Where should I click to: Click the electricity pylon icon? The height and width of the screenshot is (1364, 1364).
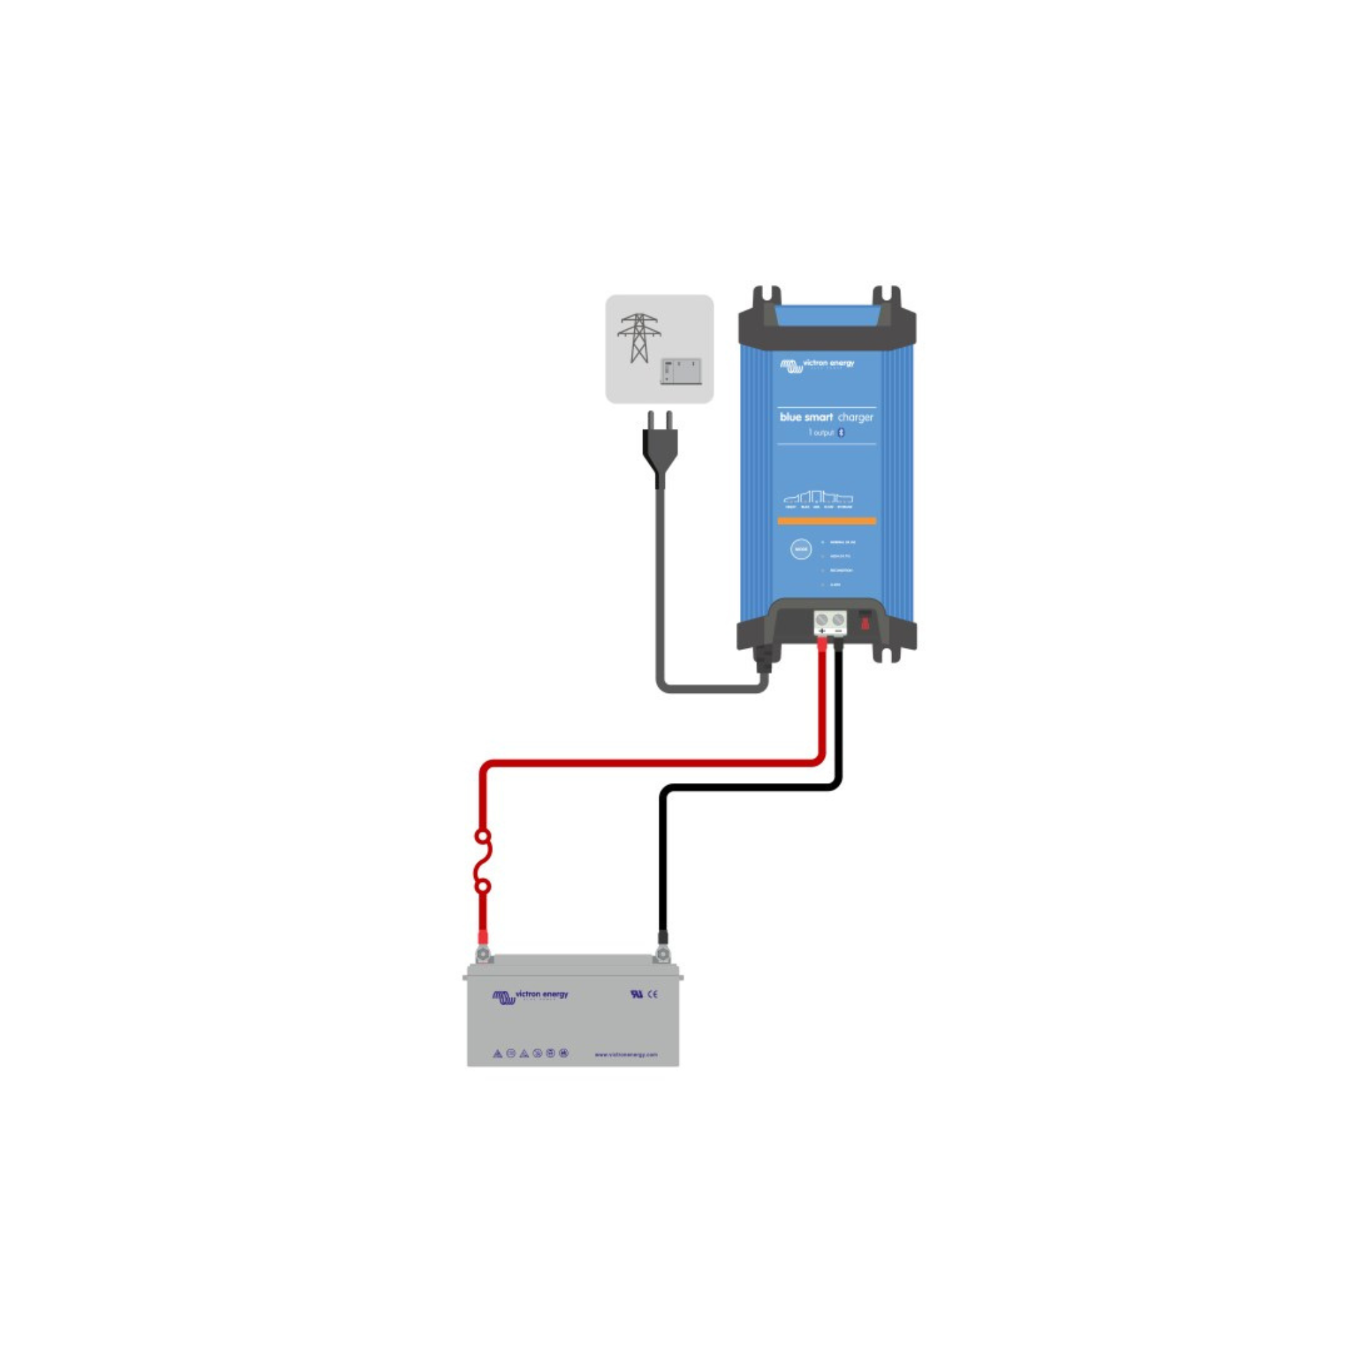pyautogui.click(x=639, y=338)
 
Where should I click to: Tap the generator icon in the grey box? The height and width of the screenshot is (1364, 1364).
pyautogui.click(x=681, y=372)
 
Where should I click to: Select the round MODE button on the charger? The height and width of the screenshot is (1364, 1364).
pyautogui.click(x=801, y=549)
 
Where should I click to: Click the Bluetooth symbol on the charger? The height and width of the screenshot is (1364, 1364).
pyautogui.click(x=841, y=433)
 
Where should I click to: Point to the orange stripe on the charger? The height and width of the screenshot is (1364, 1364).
pyautogui.click(x=827, y=521)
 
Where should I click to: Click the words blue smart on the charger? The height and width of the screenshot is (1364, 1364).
pyautogui.click(x=805, y=417)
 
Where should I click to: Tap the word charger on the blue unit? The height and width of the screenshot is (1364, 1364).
pyautogui.click(x=856, y=417)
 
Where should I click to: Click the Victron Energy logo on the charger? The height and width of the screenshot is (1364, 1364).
pyautogui.click(x=817, y=364)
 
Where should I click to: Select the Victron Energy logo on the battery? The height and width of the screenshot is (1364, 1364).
pyautogui.click(x=530, y=996)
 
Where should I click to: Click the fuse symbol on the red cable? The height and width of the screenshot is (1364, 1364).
pyautogui.click(x=483, y=861)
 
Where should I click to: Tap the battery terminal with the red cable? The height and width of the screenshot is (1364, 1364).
pyautogui.click(x=484, y=955)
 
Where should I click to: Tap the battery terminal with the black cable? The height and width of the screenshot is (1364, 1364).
pyautogui.click(x=662, y=955)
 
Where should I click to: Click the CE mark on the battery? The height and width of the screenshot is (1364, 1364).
pyautogui.click(x=653, y=994)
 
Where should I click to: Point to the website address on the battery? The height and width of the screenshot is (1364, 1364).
pyautogui.click(x=625, y=1055)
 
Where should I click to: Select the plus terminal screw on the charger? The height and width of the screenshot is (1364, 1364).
pyautogui.click(x=821, y=620)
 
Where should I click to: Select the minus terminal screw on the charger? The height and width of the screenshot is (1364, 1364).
pyautogui.click(x=838, y=620)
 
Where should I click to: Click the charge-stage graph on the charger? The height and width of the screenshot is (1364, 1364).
pyautogui.click(x=818, y=499)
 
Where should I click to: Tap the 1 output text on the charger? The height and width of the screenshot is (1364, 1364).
pyautogui.click(x=821, y=433)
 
